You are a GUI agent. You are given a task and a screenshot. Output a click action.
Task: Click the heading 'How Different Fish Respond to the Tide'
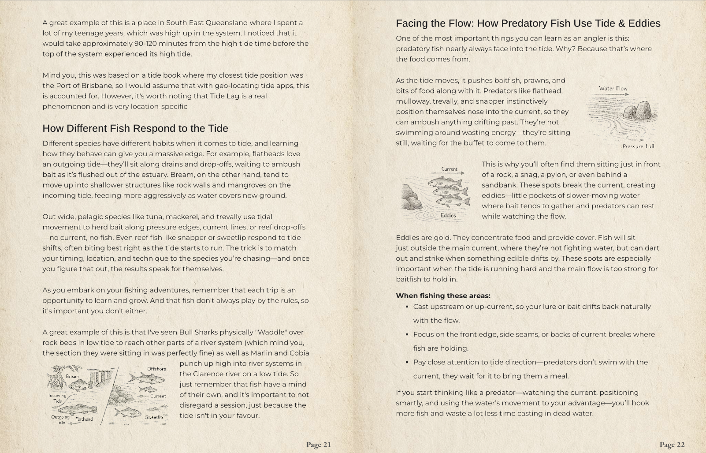click(x=135, y=128)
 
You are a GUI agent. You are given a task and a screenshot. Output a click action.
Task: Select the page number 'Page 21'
click(x=318, y=445)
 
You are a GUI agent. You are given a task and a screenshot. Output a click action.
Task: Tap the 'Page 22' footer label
click(x=672, y=445)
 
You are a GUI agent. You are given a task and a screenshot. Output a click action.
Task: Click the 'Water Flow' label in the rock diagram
click(x=613, y=88)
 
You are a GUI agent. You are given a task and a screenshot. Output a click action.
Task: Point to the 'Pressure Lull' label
click(x=638, y=146)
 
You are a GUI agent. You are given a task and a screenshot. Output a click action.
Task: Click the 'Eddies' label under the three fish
click(x=448, y=215)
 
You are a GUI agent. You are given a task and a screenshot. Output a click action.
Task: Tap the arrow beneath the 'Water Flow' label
click(x=613, y=94)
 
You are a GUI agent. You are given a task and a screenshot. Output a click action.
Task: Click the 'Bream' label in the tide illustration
click(x=72, y=376)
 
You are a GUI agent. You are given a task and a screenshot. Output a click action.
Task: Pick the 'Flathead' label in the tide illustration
click(x=84, y=419)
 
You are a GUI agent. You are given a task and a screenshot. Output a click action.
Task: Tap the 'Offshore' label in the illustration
click(x=156, y=369)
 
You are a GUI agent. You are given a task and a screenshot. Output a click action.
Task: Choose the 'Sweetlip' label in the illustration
click(x=154, y=417)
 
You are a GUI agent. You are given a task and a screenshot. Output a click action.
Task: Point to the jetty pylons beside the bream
click(x=101, y=376)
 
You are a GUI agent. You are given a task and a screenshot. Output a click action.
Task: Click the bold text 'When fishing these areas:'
click(x=443, y=296)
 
